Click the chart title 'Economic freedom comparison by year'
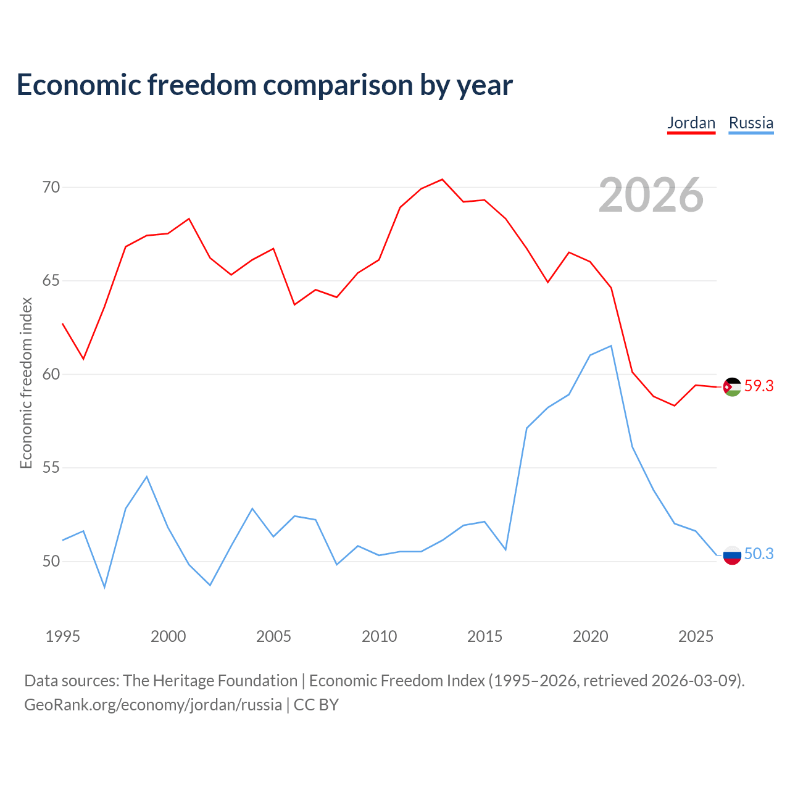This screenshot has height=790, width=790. coord(265,85)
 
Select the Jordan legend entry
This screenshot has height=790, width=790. coord(691,123)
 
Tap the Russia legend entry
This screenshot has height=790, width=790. coord(750,123)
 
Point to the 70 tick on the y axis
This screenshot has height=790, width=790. coord(51,187)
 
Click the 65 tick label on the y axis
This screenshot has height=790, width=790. coord(51,281)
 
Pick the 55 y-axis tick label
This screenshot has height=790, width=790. coord(51,468)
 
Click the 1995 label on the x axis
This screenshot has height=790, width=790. coord(63,636)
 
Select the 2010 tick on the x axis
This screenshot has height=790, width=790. coord(379,636)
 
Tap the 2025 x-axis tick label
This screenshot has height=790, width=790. coord(696,636)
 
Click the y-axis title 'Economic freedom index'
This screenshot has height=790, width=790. coord(27,383)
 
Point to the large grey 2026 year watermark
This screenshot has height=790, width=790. coord(651,195)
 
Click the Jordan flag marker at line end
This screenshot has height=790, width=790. coord(732,387)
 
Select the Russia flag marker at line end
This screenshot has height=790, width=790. coord(732,555)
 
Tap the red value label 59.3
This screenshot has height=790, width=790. coord(759,386)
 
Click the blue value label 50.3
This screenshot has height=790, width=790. coord(759,554)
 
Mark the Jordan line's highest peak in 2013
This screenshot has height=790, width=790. coord(442,180)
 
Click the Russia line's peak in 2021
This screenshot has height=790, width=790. coord(611,346)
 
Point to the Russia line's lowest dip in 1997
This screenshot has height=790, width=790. coord(104,587)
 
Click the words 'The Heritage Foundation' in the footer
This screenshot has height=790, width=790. coord(210,681)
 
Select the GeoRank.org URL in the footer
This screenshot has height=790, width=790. coord(153,705)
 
